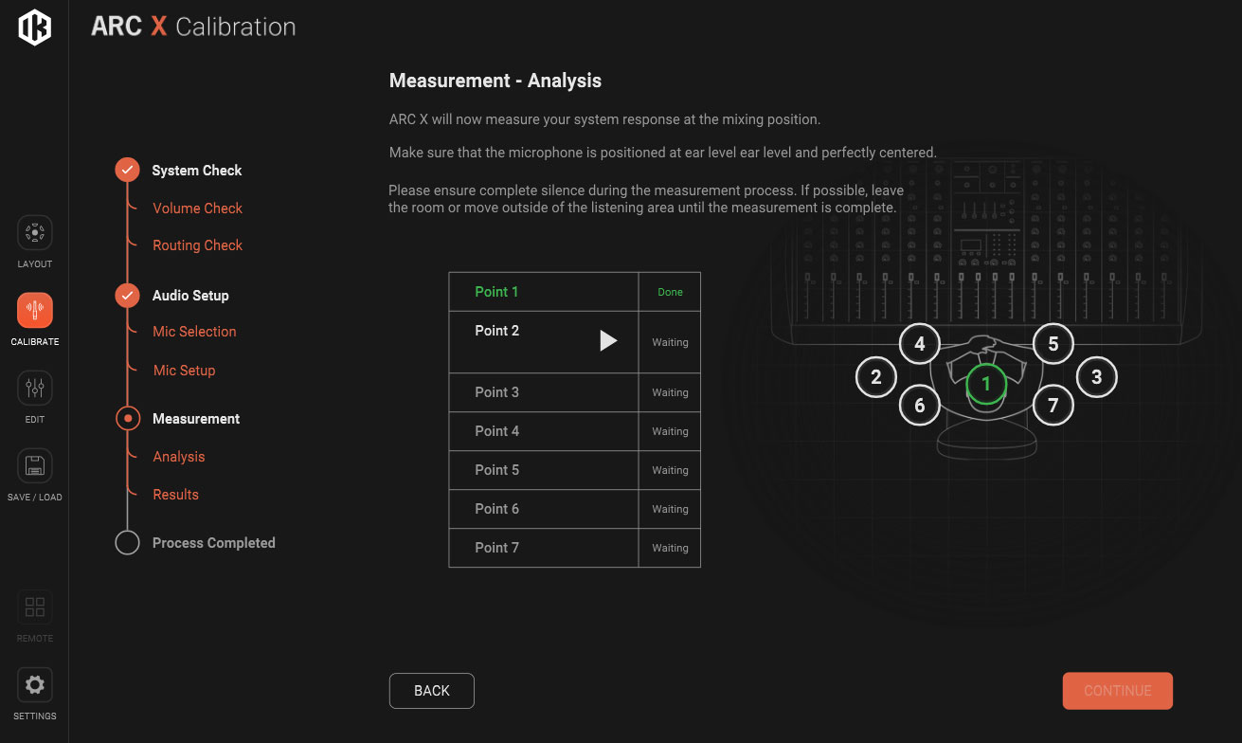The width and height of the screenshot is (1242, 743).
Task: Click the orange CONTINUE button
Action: point(1117,690)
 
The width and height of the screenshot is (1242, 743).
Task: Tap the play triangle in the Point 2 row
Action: point(607,340)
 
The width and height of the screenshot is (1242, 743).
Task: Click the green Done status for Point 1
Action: point(670,292)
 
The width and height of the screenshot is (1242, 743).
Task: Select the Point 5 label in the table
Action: point(496,470)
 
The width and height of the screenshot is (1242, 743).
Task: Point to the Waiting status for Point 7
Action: point(670,548)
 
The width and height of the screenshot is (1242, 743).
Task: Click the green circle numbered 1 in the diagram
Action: point(986,384)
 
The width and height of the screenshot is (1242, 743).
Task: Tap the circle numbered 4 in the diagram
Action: point(919,344)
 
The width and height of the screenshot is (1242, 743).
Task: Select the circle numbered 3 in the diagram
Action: point(1096,377)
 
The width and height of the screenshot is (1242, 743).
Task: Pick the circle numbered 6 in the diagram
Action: point(919,406)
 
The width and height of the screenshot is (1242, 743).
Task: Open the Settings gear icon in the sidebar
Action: point(35,685)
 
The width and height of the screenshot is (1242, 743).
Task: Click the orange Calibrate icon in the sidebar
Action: point(35,310)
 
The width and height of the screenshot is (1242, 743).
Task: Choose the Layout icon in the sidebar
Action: point(35,232)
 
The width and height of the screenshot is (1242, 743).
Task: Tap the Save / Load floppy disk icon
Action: point(35,465)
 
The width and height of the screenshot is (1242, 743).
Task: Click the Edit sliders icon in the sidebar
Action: point(35,388)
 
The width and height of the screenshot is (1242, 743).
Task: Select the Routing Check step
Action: point(197,245)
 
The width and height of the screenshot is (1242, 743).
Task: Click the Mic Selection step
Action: point(194,332)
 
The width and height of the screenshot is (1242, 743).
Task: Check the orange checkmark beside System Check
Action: point(127,170)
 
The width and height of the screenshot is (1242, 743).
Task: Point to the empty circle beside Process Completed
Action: point(127,542)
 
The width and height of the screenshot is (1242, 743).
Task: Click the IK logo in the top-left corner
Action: point(34,27)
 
